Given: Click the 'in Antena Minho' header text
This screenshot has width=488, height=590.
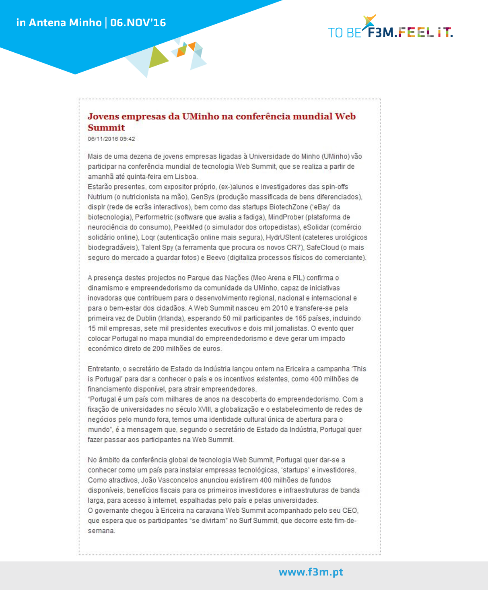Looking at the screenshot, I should click(59, 23).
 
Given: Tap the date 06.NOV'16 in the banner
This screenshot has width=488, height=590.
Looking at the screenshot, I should click(138, 23).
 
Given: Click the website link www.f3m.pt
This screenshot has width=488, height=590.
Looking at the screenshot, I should click(311, 572).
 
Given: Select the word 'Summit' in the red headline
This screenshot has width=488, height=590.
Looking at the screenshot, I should click(106, 128).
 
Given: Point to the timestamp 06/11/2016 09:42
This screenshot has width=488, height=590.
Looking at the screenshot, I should click(111, 139).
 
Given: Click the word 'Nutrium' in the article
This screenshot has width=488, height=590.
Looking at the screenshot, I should click(100, 197).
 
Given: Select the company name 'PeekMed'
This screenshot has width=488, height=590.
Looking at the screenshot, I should click(188, 227).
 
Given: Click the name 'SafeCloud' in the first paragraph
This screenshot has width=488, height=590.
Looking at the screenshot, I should click(323, 247).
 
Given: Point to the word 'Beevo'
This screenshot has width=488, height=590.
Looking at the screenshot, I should click(216, 258).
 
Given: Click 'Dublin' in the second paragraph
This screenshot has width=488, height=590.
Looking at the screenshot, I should click(145, 318).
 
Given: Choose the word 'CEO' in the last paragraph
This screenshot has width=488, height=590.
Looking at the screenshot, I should click(350, 510).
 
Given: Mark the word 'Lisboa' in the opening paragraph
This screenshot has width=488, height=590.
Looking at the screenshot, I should click(186, 177).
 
